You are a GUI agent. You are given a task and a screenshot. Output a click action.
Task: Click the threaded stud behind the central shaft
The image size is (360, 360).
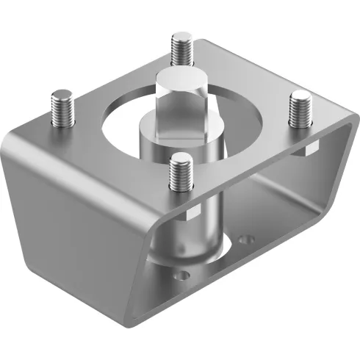pyautogui.click(x=181, y=50)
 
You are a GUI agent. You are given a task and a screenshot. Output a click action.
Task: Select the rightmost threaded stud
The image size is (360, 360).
pyautogui.click(x=300, y=111)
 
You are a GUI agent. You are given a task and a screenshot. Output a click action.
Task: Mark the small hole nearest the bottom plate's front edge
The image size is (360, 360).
pyautogui.click(x=183, y=276)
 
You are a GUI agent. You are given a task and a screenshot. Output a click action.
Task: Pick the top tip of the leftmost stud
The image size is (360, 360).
pyautogui.click(x=62, y=93)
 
